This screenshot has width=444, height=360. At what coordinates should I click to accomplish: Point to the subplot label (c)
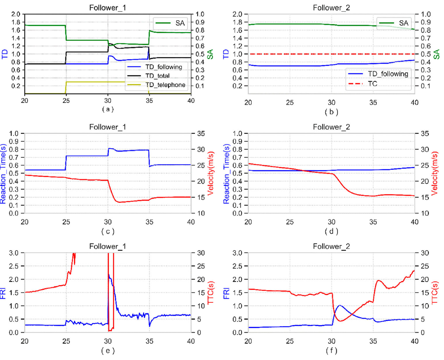[108, 231]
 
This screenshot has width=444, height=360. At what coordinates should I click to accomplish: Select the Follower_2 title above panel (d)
[331, 128]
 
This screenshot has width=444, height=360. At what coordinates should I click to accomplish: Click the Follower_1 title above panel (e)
[108, 247]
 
